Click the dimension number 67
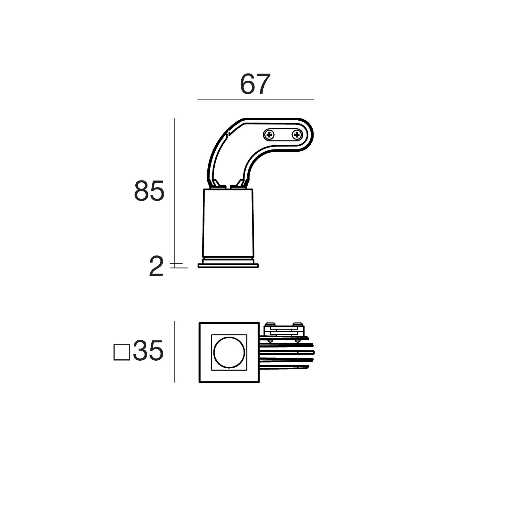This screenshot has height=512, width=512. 255,84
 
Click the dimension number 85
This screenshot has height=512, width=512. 149,191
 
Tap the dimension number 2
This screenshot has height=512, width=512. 156,267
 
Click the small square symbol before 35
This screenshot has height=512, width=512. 122,352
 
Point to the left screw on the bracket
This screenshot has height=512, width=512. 269,135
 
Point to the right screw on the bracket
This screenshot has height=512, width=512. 297,135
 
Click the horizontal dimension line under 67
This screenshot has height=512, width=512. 256,100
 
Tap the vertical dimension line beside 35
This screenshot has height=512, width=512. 175,352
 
